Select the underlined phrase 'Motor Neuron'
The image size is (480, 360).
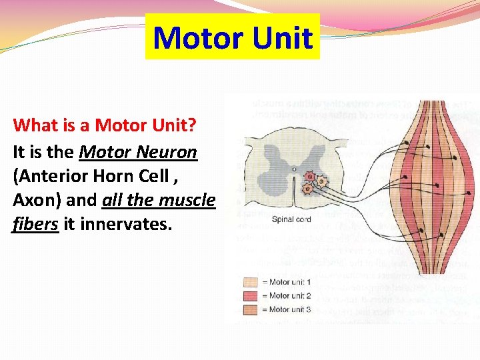tap(138, 152)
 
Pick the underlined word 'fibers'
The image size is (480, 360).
tap(35, 224)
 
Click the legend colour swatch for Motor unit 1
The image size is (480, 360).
tap(251, 283)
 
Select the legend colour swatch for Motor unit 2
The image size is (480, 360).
tap(251, 296)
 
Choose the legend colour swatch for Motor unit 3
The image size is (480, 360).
tap(251, 309)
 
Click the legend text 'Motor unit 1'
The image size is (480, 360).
tap(290, 283)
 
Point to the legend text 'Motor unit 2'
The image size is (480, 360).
tap(290, 296)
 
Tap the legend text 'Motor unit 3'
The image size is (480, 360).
tap(290, 309)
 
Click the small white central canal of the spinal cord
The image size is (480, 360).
tap(293, 170)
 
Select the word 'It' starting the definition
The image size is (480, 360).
tap(19, 152)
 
